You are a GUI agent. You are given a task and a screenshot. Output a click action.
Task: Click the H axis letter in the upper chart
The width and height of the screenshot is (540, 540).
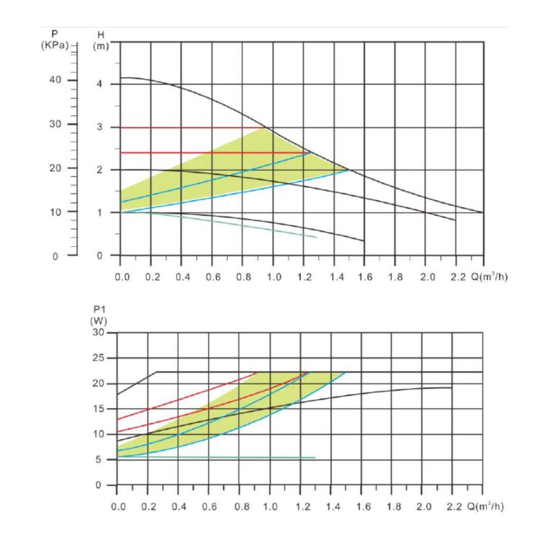pos(100,34)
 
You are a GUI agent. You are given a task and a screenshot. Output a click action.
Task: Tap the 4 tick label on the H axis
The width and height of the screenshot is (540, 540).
pos(100,84)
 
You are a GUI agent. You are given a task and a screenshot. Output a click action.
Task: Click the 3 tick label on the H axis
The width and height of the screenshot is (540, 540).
pos(100,127)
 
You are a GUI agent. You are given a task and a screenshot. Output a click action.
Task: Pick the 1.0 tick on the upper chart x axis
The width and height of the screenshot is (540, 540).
pos(274,276)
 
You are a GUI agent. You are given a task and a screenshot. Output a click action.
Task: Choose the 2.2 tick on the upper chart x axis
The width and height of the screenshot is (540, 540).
pos(456,276)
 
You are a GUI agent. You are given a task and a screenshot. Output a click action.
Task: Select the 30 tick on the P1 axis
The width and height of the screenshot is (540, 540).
pos(99,333)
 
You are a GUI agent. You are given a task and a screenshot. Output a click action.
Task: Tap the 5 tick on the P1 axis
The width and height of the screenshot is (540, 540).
pos(101,459)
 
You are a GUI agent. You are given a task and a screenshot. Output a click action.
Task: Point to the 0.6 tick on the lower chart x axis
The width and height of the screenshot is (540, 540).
pos(210,506)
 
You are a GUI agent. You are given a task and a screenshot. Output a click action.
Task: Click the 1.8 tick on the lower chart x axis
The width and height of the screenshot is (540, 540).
pos(392,506)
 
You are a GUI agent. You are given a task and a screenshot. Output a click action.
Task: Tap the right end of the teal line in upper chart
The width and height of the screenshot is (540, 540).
pos(315,237)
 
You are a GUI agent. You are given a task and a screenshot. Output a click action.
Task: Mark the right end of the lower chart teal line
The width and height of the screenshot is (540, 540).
pos(315,458)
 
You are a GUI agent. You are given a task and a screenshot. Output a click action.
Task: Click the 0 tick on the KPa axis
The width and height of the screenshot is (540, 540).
pos(55,256)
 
